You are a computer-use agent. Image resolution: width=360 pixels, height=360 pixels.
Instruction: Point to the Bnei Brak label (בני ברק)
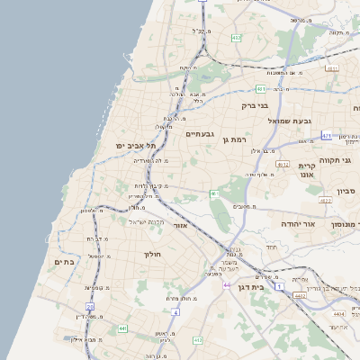pos(256,105)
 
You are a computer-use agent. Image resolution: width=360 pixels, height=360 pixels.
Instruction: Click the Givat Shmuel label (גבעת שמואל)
pos(289,120)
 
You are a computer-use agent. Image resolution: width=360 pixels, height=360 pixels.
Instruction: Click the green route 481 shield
pos(259,89)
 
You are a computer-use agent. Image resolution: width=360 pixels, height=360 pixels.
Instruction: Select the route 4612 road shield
pos(283,165)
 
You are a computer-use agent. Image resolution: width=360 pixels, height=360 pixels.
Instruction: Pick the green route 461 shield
pos(214,193)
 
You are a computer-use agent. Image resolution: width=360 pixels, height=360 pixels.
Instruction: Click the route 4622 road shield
pos(325,201)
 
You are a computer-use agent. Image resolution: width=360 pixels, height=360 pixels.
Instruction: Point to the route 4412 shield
pos(300,294)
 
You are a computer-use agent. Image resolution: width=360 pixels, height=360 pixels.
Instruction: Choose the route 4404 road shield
pos(338,314)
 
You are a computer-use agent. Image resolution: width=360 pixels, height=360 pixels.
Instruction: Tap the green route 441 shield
pos(122,328)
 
